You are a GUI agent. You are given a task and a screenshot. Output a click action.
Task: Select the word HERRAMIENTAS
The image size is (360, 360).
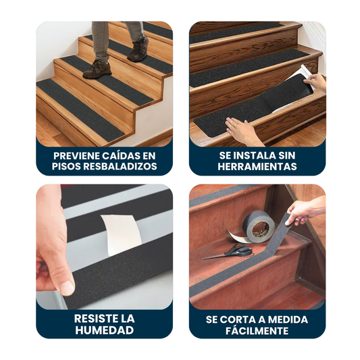[257, 166]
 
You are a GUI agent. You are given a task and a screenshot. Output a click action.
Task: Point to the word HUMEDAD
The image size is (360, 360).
[105, 330]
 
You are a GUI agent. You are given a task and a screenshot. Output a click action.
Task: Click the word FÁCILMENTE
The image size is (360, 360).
[257, 331]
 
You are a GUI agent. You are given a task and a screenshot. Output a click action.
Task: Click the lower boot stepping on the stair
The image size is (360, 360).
[97, 69]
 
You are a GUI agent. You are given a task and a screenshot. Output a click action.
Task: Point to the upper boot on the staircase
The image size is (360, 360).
[138, 49]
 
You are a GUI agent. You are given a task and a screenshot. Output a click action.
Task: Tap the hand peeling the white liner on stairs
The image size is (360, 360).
[315, 82]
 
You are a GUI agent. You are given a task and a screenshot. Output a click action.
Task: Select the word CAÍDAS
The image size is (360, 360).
[119, 155]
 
